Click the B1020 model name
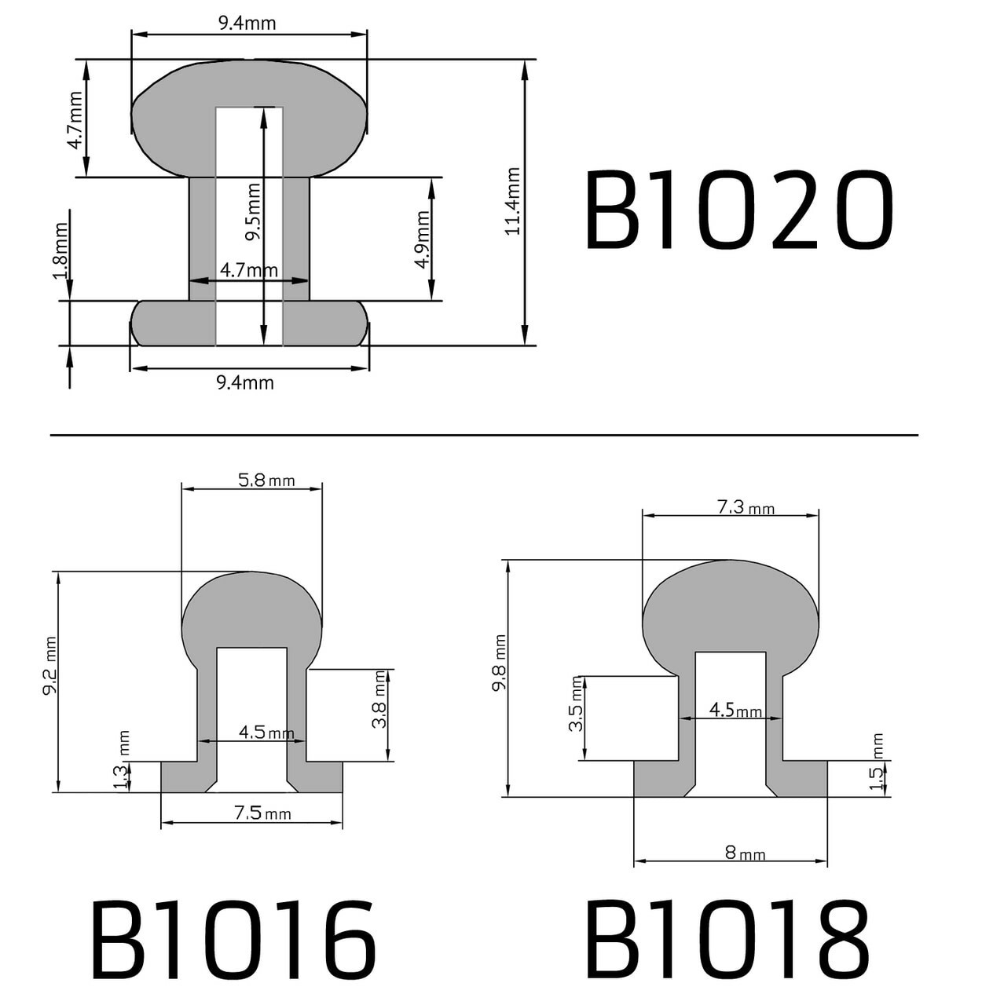tap(738, 210)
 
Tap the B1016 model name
tap(233, 940)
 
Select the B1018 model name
tap(727, 940)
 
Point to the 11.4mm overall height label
tap(513, 201)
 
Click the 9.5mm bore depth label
tap(253, 212)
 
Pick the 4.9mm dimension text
tap(423, 239)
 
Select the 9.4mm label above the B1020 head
tap(247, 24)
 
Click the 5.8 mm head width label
tap(266, 480)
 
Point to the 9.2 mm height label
tap(49, 666)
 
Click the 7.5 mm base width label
tap(262, 813)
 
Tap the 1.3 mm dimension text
tap(122, 762)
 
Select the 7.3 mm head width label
tap(745, 507)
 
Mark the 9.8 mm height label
tap(499, 663)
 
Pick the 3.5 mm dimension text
tap(577, 704)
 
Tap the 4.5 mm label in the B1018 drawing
tap(735, 710)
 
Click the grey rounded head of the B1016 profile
tap(251, 608)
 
